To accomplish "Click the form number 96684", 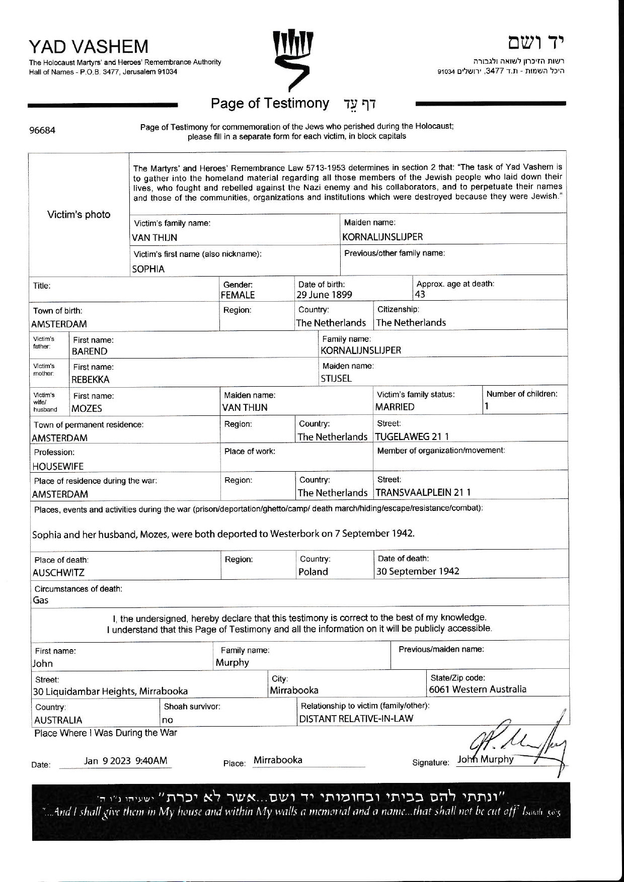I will [42, 131].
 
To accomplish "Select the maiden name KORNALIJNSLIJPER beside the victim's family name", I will [382, 237].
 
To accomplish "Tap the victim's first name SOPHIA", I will [148, 269].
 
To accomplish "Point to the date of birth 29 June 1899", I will [324, 295].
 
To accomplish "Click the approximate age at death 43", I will [420, 295].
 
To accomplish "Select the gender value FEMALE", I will [238, 295].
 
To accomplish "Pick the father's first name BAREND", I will [90, 351].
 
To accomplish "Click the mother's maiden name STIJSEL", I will [336, 379].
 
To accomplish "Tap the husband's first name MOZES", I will [87, 408].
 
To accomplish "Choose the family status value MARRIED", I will [395, 407].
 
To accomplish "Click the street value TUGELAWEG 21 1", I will [412, 436].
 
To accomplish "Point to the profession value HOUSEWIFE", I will [58, 466].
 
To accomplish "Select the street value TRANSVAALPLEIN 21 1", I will [423, 492].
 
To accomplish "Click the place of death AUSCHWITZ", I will [58, 572].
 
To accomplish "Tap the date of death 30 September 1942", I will [418, 571].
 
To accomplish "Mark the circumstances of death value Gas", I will [41, 600].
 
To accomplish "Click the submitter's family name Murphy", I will [232, 663].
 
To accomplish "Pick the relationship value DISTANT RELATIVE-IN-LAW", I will [356, 719].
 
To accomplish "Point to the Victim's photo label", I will [79, 215].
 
